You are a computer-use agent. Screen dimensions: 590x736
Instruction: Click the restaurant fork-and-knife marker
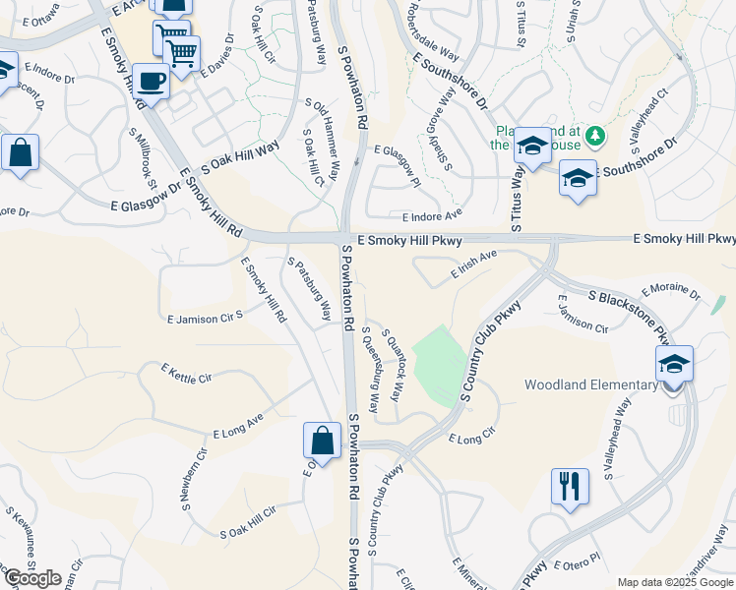pyautogui.click(x=571, y=487)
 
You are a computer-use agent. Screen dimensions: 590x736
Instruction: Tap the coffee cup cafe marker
pyautogui.click(x=150, y=81)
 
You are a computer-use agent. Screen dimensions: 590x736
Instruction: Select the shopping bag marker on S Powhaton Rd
pyautogui.click(x=322, y=441)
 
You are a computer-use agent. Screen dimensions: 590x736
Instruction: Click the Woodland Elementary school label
pyautogui.click(x=590, y=384)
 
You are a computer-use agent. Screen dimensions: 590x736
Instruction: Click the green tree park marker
pyautogui.click(x=594, y=135)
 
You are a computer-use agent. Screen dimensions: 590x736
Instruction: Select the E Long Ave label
pyautogui.click(x=238, y=427)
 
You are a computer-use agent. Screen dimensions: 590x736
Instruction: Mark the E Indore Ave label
pyautogui.click(x=431, y=214)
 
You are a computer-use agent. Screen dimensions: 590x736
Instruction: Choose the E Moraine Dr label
pyautogui.click(x=670, y=292)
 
